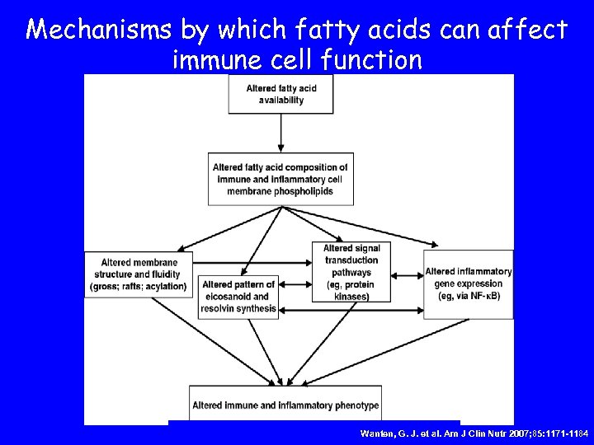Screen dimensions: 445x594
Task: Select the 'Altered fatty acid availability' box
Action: tap(280, 94)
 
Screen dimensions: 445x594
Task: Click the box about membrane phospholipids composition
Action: tap(280, 179)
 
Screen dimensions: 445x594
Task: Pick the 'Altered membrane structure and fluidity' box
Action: tap(138, 274)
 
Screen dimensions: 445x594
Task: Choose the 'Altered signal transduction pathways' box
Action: tap(351, 272)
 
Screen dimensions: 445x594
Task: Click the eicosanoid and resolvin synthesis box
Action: tap(238, 297)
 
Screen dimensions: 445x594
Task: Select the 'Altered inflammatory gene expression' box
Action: tap(468, 283)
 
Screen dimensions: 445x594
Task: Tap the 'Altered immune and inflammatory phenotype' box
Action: tap(285, 405)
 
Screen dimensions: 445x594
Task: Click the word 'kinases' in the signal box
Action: tap(352, 296)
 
